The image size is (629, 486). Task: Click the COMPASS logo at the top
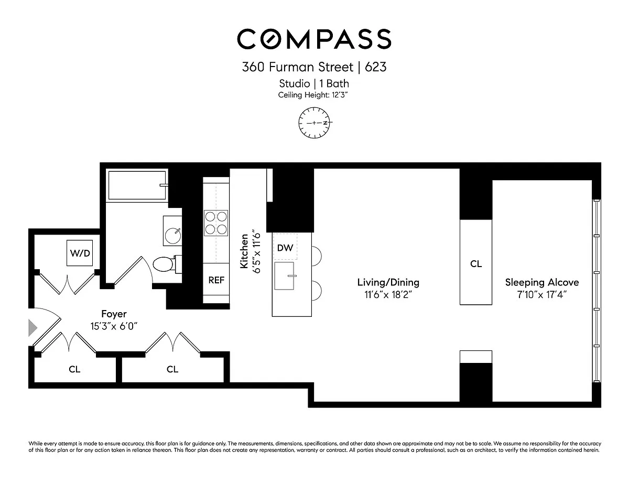[x=314, y=39]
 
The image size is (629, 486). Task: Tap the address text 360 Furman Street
[x=297, y=67]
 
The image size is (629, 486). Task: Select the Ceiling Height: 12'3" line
[x=312, y=95]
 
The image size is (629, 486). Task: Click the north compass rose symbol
[x=314, y=123]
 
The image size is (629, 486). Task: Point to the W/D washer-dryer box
[x=80, y=253]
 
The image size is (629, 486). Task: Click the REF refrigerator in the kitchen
[x=216, y=280]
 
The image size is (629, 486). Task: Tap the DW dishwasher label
[x=285, y=248]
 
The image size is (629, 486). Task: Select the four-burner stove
[x=216, y=223]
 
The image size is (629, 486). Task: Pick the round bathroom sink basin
[x=173, y=235]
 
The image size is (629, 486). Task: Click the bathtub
[x=137, y=185]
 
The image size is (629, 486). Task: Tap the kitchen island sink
[x=284, y=276]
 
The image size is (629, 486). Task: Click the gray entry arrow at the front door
[x=32, y=328]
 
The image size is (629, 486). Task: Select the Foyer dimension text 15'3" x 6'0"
[x=114, y=326]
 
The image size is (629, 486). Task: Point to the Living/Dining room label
[x=388, y=282]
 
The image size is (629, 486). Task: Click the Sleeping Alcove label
[x=542, y=282]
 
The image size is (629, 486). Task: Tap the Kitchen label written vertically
[x=244, y=251]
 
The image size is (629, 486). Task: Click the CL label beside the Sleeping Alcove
[x=476, y=263]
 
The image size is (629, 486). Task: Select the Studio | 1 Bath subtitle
[x=314, y=84]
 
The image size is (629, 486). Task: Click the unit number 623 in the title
[x=376, y=67]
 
